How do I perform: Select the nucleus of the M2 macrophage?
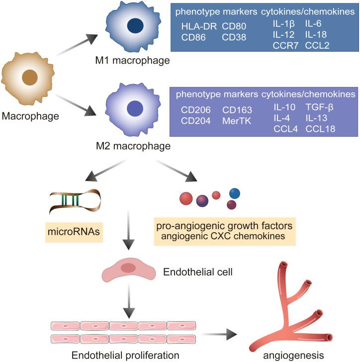click(135, 108)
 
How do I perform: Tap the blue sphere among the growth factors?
click(235, 192)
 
